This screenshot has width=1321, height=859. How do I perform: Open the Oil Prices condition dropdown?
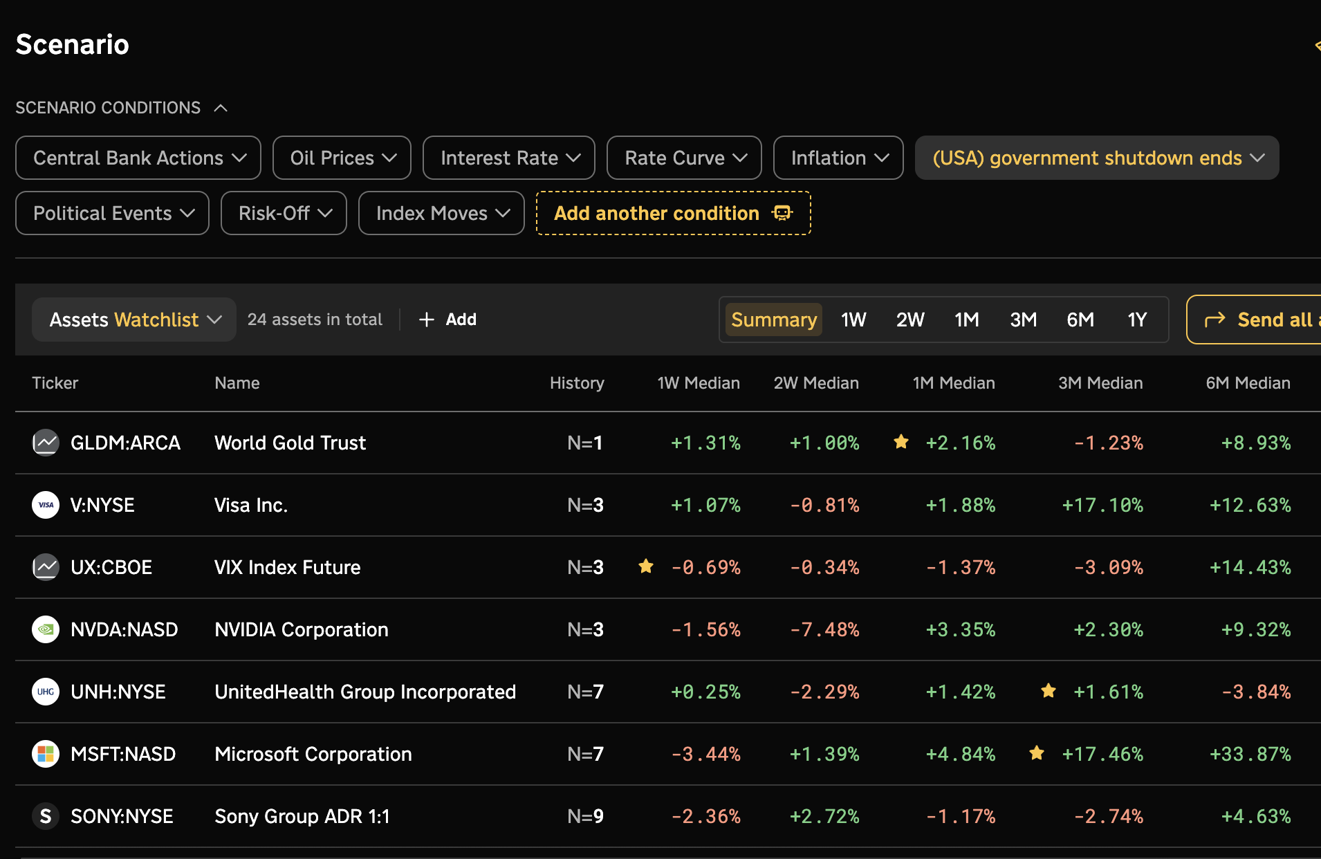pos(342,158)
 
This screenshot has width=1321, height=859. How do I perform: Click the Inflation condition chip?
pos(838,158)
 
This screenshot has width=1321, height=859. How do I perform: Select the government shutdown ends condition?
pos(1097,158)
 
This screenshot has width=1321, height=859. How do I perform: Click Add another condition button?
pos(673,213)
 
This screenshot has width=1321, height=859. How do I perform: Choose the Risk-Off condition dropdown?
pos(284,213)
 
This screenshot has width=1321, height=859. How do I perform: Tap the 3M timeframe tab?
pos(1023,320)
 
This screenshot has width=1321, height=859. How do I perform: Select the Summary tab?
pos(774,320)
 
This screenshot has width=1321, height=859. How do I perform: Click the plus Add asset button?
pos(447,320)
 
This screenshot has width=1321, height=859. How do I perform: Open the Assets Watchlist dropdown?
pos(134,320)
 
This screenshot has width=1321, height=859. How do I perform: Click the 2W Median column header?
pos(816,383)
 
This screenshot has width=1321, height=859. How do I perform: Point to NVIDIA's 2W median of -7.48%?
pos(824,630)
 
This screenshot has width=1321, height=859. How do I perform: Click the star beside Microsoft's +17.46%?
pos(1037,752)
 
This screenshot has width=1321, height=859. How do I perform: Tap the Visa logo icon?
pos(46,505)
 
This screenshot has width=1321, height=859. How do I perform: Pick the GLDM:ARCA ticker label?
pos(125,443)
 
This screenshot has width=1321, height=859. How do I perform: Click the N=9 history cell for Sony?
pos(585,817)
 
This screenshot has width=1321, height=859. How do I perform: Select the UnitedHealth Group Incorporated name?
pos(365,692)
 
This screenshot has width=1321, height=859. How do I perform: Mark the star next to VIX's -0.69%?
pos(646,566)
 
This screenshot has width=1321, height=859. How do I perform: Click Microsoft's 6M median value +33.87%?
pos(1250,755)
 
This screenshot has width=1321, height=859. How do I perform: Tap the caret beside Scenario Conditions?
pos(221,108)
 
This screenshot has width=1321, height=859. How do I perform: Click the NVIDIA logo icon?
pos(46,629)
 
